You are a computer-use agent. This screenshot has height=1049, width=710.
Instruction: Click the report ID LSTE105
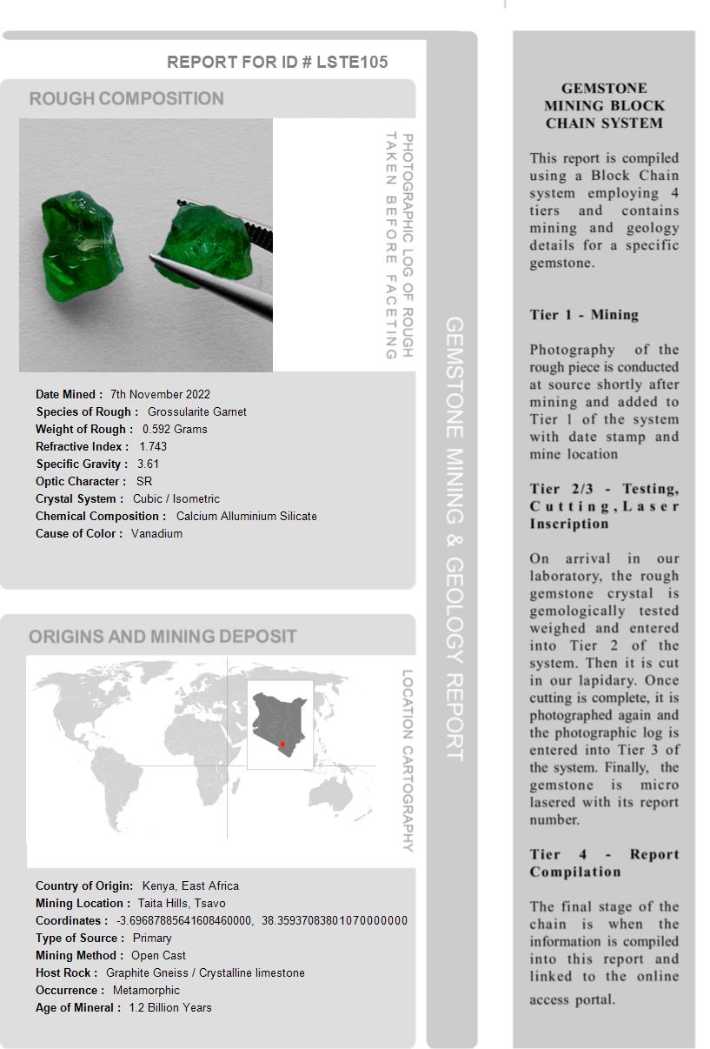352,62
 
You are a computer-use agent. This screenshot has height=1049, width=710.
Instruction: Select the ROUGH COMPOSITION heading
126,98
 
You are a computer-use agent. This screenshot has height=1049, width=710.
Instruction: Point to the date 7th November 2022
160,394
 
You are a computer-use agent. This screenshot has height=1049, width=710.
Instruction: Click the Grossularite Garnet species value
196,411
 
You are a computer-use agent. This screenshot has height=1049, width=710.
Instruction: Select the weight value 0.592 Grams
175,429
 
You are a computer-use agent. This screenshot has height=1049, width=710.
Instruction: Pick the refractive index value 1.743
153,446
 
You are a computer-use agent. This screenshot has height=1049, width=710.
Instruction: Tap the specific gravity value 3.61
148,464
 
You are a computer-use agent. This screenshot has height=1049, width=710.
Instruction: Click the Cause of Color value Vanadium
156,533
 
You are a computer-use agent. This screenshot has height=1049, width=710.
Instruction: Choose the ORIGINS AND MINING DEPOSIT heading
163,637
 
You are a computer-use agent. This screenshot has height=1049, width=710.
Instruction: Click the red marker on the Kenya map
282,745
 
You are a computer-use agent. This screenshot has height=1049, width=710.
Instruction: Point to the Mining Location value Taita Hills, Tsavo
182,903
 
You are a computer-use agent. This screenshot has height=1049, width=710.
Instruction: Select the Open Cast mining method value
158,955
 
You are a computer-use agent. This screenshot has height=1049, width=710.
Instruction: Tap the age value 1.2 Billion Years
170,1007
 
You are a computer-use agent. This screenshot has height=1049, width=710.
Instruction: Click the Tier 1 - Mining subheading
584,315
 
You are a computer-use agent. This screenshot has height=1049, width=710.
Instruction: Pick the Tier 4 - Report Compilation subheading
604,863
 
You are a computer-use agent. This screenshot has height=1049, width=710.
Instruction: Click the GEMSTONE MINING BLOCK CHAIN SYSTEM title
604,105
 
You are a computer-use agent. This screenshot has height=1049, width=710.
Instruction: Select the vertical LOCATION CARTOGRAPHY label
407,760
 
